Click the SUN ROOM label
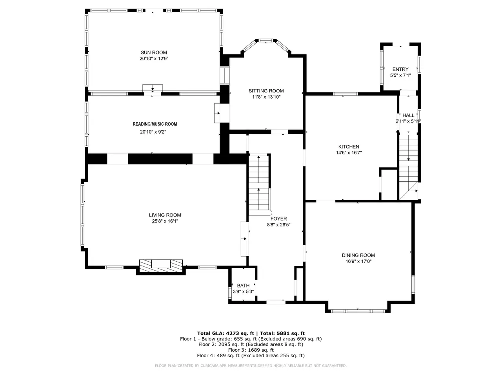[154, 52]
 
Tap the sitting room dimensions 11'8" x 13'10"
[266, 97]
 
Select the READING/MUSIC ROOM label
[155, 124]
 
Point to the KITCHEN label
[349, 147]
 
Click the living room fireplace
[161, 266]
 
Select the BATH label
[243, 286]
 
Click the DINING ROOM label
[358, 255]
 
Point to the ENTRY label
[400, 69]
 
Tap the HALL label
[408, 115]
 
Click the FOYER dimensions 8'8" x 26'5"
[278, 225]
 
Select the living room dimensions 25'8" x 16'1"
[165, 221]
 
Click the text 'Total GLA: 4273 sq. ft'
[226, 333]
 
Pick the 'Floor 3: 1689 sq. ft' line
[251, 350]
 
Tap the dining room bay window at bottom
[358, 311]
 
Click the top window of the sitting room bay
[266, 41]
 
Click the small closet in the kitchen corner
[388, 184]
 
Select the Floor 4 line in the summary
[251, 356]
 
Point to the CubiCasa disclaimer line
[251, 365]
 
